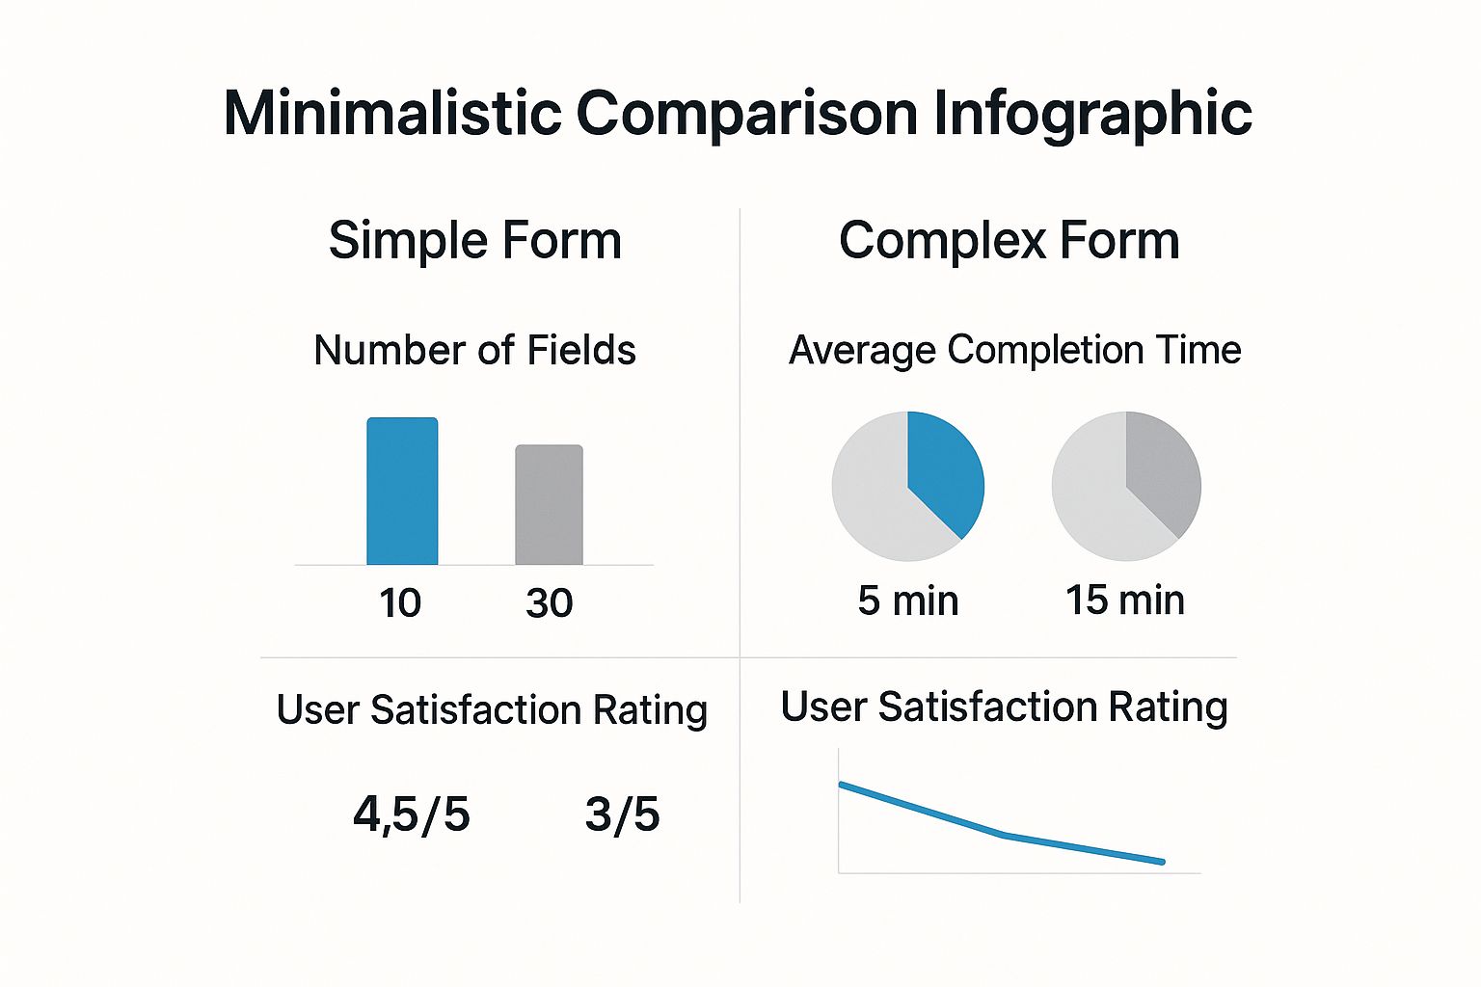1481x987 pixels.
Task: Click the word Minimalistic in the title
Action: (x=391, y=113)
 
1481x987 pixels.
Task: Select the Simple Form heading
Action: (x=474, y=240)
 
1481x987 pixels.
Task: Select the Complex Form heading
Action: (x=1009, y=240)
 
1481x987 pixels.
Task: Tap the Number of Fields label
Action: (x=474, y=350)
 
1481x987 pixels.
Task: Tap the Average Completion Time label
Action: (x=1014, y=350)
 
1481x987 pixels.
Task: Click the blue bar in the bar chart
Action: (x=402, y=492)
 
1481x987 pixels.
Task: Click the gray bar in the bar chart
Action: (x=549, y=505)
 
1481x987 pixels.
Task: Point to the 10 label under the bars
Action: (x=399, y=603)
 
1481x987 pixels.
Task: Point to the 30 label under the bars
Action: (x=549, y=603)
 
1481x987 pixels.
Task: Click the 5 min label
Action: (x=907, y=600)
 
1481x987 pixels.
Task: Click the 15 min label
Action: (x=1124, y=600)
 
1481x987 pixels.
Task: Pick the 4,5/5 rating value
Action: (x=411, y=814)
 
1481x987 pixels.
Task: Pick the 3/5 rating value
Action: (x=622, y=814)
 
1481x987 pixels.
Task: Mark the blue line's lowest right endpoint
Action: (x=1163, y=862)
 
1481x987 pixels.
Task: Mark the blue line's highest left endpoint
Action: (x=842, y=785)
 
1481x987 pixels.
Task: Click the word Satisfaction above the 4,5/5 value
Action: (x=475, y=710)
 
